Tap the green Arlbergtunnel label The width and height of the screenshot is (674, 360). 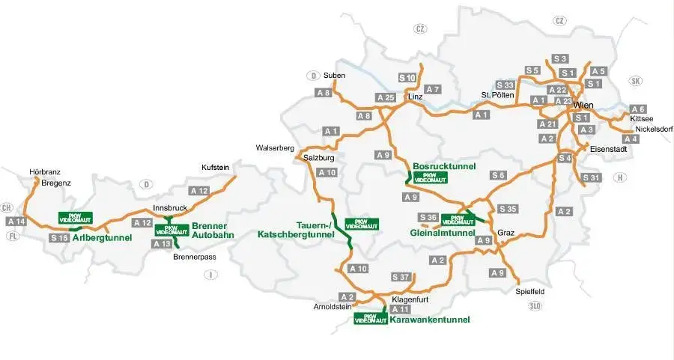click(103, 238)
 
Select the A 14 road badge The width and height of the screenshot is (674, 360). click(16, 222)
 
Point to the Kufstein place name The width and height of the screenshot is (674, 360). click(216, 167)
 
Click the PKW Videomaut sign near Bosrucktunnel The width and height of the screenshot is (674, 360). click(430, 178)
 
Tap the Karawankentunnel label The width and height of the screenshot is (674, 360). click(430, 320)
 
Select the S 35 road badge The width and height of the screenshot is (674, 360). click(507, 208)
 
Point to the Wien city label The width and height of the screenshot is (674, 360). click(583, 106)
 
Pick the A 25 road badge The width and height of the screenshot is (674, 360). click(385, 98)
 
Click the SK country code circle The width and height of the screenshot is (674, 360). click(637, 81)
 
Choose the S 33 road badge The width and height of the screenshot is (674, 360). click(505, 85)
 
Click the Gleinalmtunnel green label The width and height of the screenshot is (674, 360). click(443, 233)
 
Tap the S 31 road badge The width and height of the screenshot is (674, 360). click(592, 177)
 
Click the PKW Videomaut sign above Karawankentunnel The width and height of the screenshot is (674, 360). click(371, 318)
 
